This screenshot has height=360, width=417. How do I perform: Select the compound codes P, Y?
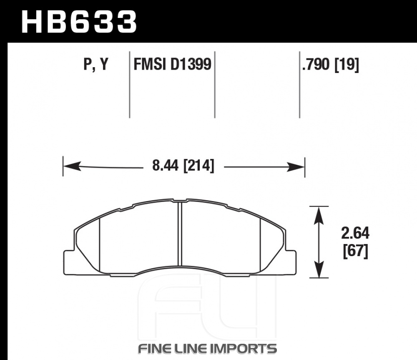click(96, 64)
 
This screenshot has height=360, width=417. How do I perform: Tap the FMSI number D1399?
click(191, 64)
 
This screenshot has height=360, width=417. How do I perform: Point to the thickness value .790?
click(316, 65)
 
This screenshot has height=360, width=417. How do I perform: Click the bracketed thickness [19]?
click(347, 65)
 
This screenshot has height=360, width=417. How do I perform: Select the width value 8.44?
click(165, 166)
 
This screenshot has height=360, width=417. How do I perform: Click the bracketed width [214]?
click(198, 166)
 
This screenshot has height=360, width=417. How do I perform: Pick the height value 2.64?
click(355, 233)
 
